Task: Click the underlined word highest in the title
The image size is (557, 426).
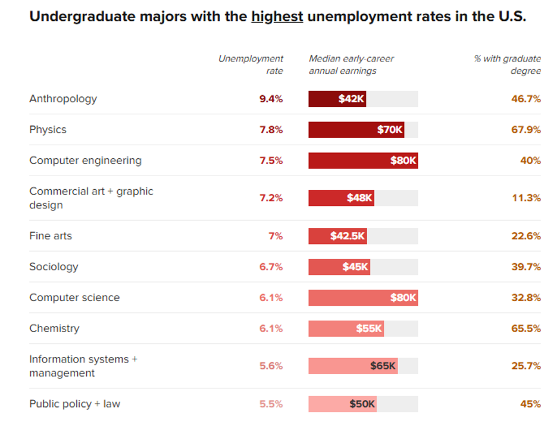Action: (277, 16)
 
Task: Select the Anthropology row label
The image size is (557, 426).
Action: (63, 99)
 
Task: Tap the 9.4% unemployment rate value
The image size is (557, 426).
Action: (271, 99)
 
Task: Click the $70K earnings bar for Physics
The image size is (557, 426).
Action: (356, 130)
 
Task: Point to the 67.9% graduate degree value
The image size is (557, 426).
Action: (526, 130)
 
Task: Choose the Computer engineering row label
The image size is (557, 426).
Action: (85, 161)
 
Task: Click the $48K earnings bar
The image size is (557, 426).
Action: (341, 198)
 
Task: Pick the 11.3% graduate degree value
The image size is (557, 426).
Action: (526, 198)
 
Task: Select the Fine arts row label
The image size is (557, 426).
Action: (51, 236)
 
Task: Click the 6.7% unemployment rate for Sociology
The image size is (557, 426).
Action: (271, 267)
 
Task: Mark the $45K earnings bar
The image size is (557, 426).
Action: (339, 267)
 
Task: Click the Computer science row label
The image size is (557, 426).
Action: (74, 298)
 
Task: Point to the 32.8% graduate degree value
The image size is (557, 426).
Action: (526, 298)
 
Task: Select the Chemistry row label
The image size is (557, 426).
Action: (54, 328)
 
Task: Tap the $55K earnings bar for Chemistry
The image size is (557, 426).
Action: (346, 328)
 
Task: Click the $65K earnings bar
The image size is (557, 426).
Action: (353, 366)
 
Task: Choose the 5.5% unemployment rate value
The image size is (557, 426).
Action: (271, 404)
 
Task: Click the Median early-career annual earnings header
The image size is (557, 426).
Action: (351, 65)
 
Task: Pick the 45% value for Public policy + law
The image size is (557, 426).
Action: (530, 404)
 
